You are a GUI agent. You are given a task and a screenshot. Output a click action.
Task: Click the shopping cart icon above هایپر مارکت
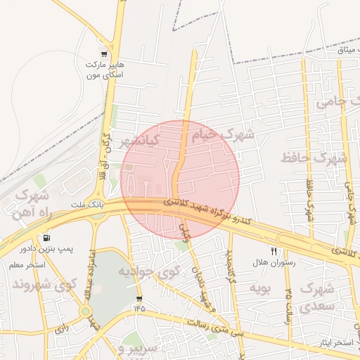point(104,53)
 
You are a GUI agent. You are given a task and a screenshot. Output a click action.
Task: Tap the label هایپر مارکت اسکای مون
point(104,69)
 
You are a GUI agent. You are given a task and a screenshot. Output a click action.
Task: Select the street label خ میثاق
point(345,49)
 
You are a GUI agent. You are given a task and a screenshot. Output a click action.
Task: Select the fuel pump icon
point(46,238)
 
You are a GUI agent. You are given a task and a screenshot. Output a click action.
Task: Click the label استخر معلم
point(27,265)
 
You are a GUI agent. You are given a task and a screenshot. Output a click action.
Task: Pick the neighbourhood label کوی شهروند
point(44,285)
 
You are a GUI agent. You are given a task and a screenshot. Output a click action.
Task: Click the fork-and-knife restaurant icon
point(274,251)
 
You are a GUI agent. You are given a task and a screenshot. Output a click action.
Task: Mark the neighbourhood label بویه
point(260,288)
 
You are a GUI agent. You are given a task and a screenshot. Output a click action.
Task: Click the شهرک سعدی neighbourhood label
point(316,297)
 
